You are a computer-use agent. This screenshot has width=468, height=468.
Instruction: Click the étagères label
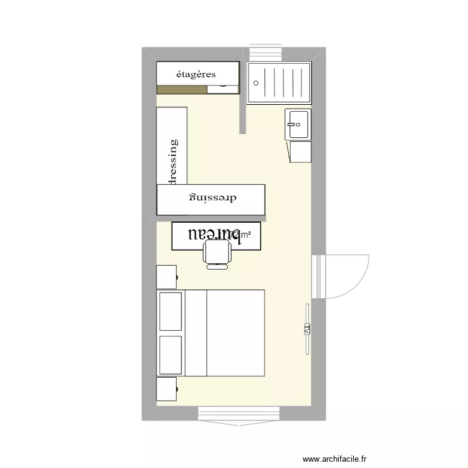click(x=196, y=74)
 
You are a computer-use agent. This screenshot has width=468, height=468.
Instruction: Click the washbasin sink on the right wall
click(x=298, y=124)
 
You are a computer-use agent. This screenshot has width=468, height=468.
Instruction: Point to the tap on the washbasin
click(x=291, y=124)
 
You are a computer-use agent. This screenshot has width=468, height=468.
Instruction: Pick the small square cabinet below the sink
click(x=300, y=152)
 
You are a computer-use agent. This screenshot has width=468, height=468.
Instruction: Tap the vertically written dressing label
click(x=173, y=162)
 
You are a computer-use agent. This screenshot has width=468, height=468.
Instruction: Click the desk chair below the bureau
click(x=217, y=254)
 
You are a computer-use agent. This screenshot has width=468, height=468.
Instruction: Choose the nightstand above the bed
click(x=167, y=276)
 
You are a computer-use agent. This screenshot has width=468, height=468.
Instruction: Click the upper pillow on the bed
click(x=170, y=311)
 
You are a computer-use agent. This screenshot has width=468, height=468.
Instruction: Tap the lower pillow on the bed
click(x=170, y=355)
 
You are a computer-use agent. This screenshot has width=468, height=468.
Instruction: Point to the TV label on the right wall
click(x=307, y=329)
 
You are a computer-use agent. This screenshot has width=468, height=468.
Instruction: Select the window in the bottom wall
click(x=238, y=413)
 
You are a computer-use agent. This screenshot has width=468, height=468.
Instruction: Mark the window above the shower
click(x=266, y=54)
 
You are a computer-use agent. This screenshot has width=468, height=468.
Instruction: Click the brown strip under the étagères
click(x=181, y=89)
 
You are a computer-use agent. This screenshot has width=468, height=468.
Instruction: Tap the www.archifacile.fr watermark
click(x=344, y=459)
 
